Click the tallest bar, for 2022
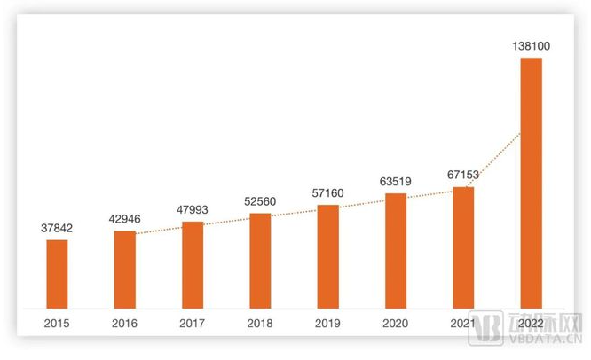coord(531,181)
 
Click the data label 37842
coord(57,228)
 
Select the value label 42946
coord(125,218)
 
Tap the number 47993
coord(193,210)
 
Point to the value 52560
coord(260,201)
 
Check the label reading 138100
coord(531,43)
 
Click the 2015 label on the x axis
coord(57,325)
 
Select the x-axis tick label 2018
coord(260,325)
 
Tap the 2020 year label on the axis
coord(395,325)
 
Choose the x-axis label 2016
coord(125,325)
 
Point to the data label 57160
coord(327,192)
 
